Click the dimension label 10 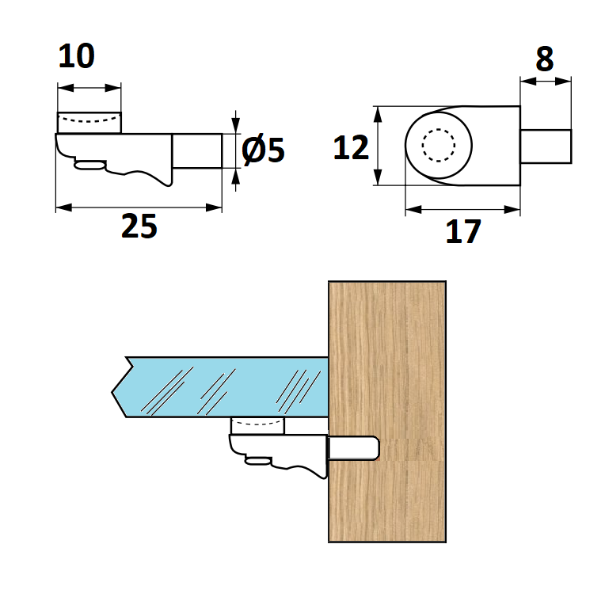(x=76, y=56)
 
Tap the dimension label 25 (x=139, y=226)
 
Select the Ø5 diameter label (x=263, y=149)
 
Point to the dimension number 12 (x=351, y=147)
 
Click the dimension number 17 (x=463, y=231)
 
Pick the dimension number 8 (x=545, y=59)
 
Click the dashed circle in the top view (x=439, y=145)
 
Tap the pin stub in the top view (x=546, y=146)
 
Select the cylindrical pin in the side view (x=197, y=151)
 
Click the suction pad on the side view (x=89, y=123)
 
